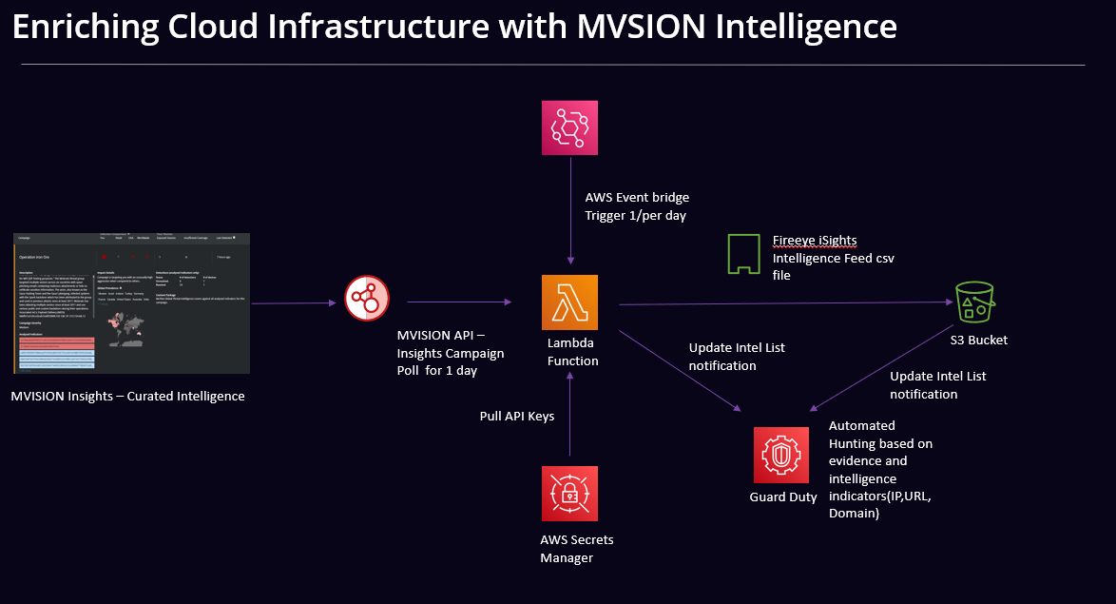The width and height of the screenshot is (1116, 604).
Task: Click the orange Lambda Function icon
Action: [x=569, y=302]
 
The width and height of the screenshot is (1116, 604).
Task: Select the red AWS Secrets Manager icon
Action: [x=569, y=493]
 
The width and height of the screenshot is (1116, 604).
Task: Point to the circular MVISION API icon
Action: [x=367, y=301]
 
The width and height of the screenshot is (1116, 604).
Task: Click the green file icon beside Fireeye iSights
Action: [x=744, y=254]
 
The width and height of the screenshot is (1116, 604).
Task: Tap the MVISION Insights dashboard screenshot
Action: [x=132, y=302]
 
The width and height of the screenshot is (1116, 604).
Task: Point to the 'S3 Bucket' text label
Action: [x=978, y=340]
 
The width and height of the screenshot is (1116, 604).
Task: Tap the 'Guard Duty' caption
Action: [x=782, y=497]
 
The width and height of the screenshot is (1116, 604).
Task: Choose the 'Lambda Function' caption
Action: [x=573, y=352]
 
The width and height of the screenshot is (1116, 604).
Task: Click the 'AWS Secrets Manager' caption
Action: [x=577, y=549]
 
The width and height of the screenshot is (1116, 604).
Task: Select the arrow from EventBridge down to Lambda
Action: [x=570, y=209]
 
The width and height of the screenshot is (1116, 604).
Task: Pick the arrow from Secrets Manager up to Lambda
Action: [x=570, y=419]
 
